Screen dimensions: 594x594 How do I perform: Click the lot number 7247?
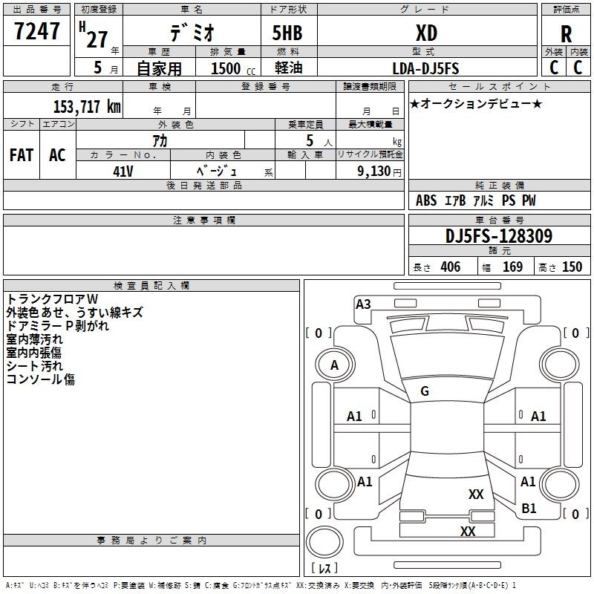37,31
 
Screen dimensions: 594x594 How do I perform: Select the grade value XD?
426,33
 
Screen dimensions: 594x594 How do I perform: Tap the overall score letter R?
566,34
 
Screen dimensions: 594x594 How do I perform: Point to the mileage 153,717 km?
87,106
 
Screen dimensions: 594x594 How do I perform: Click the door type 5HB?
287,33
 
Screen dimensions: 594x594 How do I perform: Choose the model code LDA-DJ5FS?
425,68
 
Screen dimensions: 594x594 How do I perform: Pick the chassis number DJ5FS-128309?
499,236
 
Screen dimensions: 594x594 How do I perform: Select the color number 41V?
123,172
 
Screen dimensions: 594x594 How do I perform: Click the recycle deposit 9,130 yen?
379,172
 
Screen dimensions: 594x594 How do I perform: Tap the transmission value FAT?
22,155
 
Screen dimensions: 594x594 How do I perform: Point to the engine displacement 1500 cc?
233,68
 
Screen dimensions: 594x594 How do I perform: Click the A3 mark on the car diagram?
363,304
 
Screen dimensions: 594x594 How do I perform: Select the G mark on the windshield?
425,391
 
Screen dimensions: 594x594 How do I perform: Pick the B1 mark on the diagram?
529,508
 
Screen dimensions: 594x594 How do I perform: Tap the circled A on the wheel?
335,365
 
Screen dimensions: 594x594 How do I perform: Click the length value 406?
451,267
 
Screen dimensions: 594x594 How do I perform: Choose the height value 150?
572,267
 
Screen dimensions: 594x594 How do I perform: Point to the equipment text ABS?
426,200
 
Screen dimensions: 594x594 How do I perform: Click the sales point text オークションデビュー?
476,103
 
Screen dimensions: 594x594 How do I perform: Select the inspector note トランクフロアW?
52,299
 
